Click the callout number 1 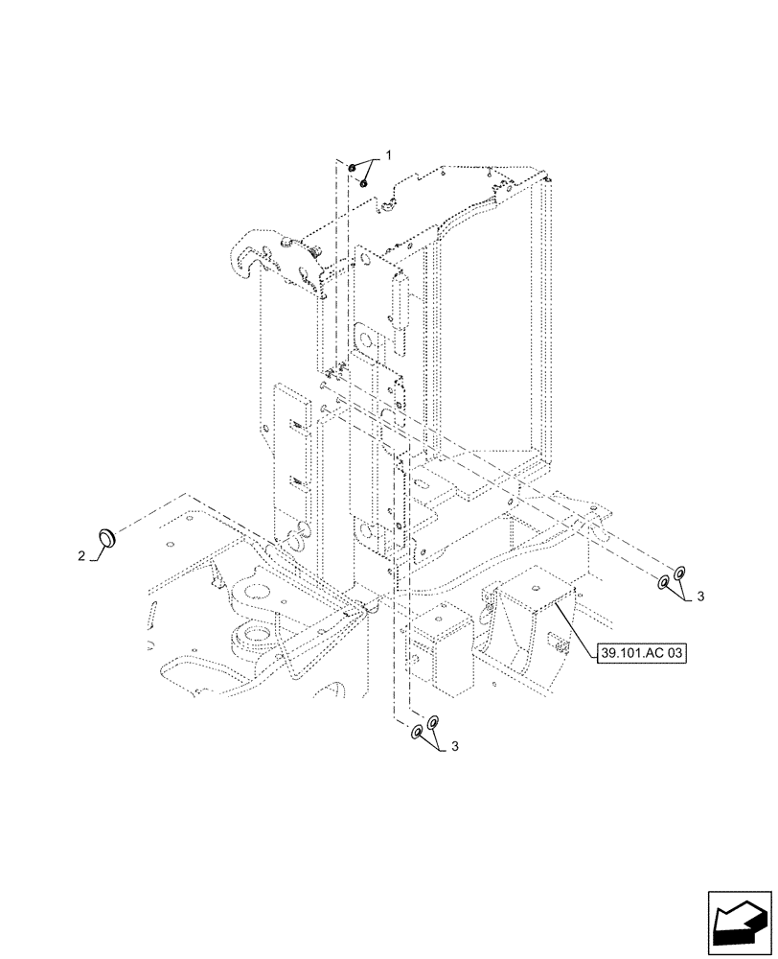pos(389,153)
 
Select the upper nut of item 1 pos(354,170)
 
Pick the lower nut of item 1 pos(364,181)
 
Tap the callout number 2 pos(83,555)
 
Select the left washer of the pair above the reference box pos(663,582)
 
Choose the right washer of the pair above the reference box pos(679,573)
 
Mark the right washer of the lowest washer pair pos(433,721)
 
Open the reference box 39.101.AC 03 pos(642,653)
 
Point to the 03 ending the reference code pos(677,653)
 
